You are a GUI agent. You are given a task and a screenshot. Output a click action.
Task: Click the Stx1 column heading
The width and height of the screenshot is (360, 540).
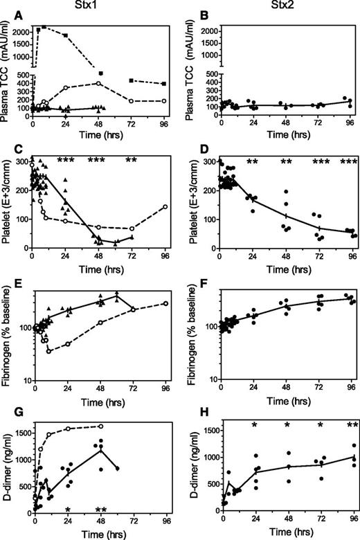105,8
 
